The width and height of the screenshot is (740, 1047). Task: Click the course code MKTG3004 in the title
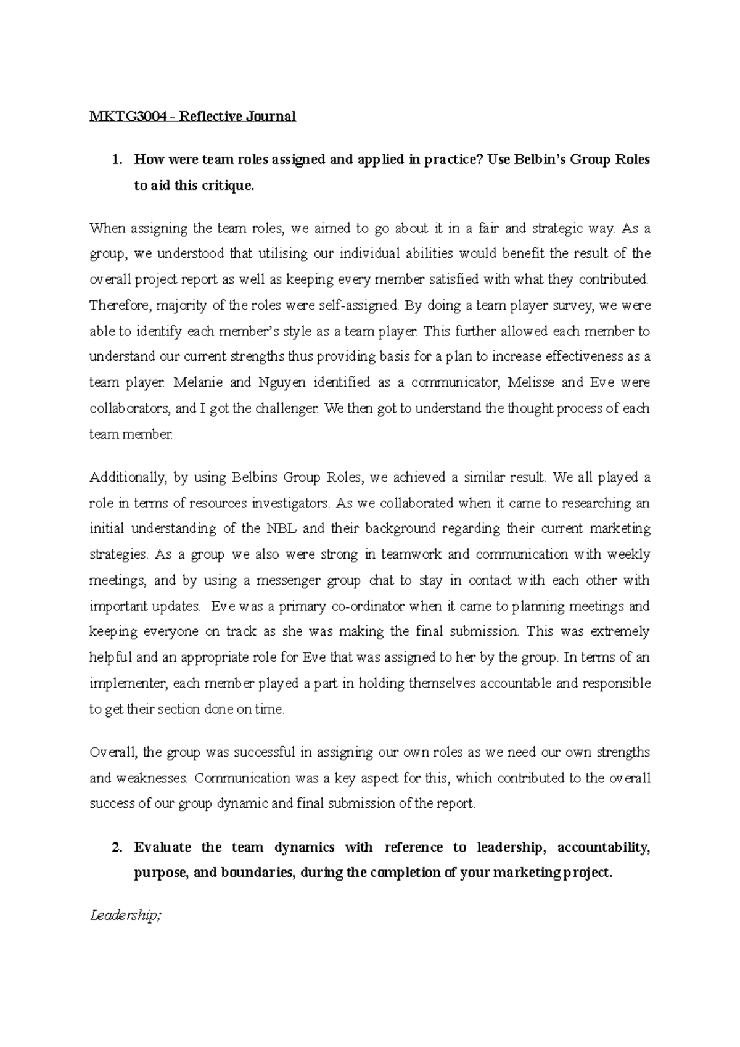click(x=126, y=116)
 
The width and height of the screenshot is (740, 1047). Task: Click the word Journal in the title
click(x=272, y=116)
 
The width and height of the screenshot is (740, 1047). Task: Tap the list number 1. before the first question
click(x=116, y=160)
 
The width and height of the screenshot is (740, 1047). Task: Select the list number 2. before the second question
click(x=116, y=847)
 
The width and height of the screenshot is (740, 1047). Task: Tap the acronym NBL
click(x=282, y=528)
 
